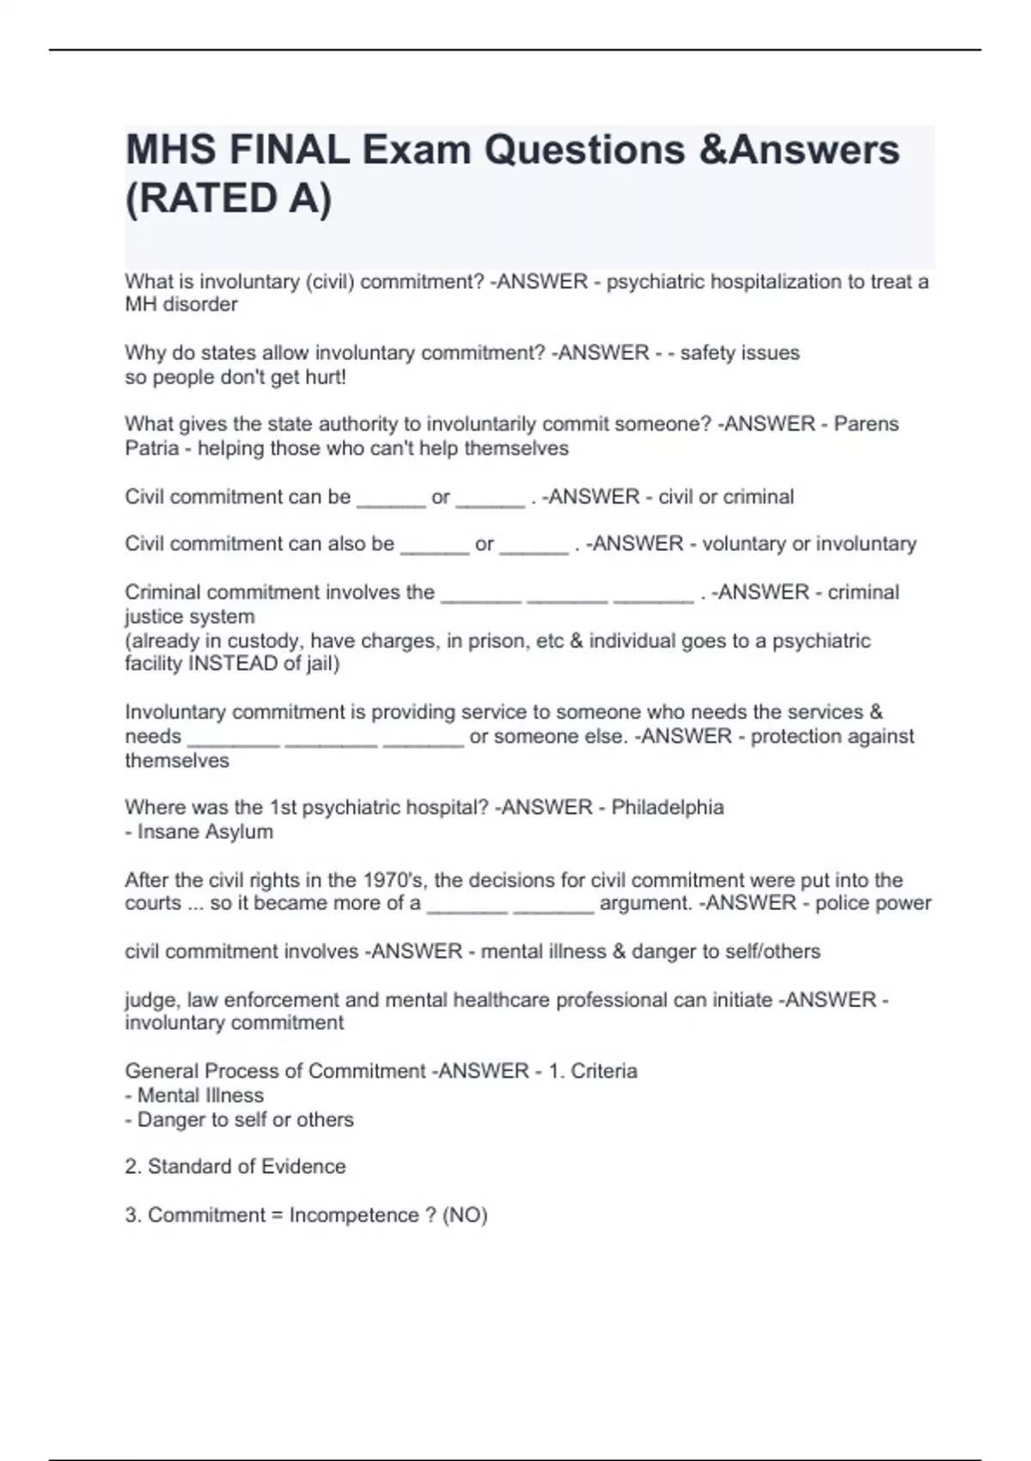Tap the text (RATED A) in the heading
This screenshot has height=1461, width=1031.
[x=229, y=199]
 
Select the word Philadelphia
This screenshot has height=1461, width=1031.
[x=668, y=807]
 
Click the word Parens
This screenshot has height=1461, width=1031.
[x=866, y=424]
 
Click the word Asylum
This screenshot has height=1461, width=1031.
[x=240, y=831]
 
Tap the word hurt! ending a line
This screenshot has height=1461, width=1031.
[x=326, y=376]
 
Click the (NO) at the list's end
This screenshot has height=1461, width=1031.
[x=465, y=1214]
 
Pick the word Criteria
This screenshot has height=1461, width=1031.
[x=604, y=1071]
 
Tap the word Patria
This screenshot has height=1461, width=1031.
[x=152, y=448]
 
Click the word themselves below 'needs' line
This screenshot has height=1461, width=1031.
[x=177, y=761]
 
